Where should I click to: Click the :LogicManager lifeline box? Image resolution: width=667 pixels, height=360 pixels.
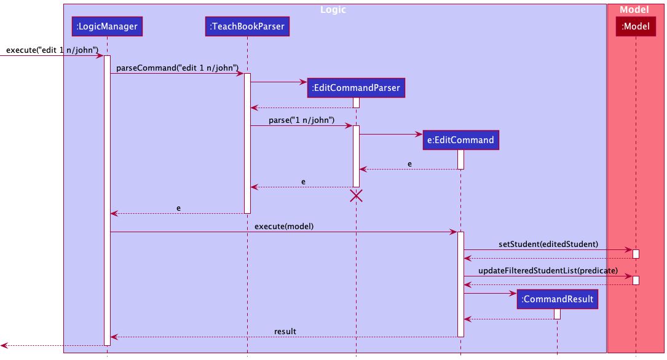point(107,26)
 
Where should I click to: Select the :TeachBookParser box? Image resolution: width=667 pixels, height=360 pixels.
point(247,26)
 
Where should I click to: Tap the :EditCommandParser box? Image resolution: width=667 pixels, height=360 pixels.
point(356,88)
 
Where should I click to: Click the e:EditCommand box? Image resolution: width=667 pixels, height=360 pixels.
point(460,139)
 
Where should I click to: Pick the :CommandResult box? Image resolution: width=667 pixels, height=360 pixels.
point(557,299)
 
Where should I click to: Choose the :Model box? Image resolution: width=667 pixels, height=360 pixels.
point(636,26)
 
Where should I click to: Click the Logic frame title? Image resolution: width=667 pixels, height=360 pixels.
point(334,10)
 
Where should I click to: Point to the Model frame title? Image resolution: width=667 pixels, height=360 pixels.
point(634,10)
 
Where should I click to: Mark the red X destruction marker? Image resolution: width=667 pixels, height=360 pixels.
point(356,196)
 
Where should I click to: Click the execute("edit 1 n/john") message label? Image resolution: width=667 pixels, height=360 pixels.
point(52,50)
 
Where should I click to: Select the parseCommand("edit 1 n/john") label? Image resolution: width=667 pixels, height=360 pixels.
point(177,68)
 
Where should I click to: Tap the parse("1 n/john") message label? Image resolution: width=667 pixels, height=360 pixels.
point(301,120)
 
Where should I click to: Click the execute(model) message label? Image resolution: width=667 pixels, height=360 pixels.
point(284,226)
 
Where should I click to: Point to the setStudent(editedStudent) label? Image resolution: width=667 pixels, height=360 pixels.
point(548,244)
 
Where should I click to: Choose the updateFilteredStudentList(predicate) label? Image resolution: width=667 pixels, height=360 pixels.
point(548,270)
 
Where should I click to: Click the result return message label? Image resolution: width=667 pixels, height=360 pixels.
point(285,331)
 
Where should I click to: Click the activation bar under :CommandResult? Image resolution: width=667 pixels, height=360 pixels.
point(557,314)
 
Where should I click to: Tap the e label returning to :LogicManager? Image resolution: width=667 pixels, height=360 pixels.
point(178,208)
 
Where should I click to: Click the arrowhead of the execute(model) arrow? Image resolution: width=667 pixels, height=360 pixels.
point(454,232)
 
